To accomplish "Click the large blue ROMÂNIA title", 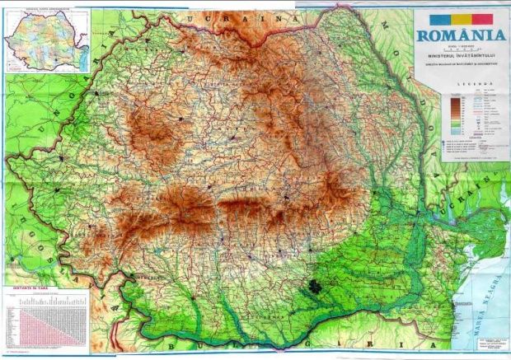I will (x=460, y=35).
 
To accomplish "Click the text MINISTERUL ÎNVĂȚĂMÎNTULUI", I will (x=460, y=55).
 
